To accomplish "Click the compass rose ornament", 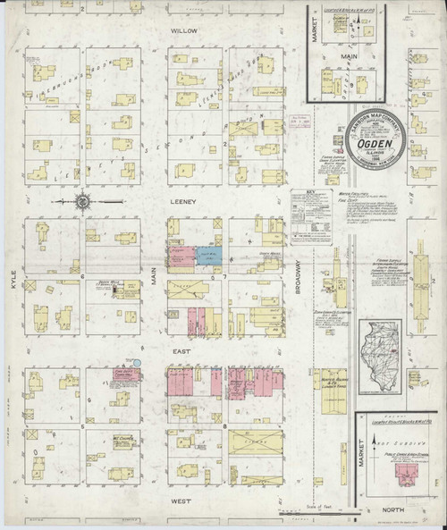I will [x=82, y=201].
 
